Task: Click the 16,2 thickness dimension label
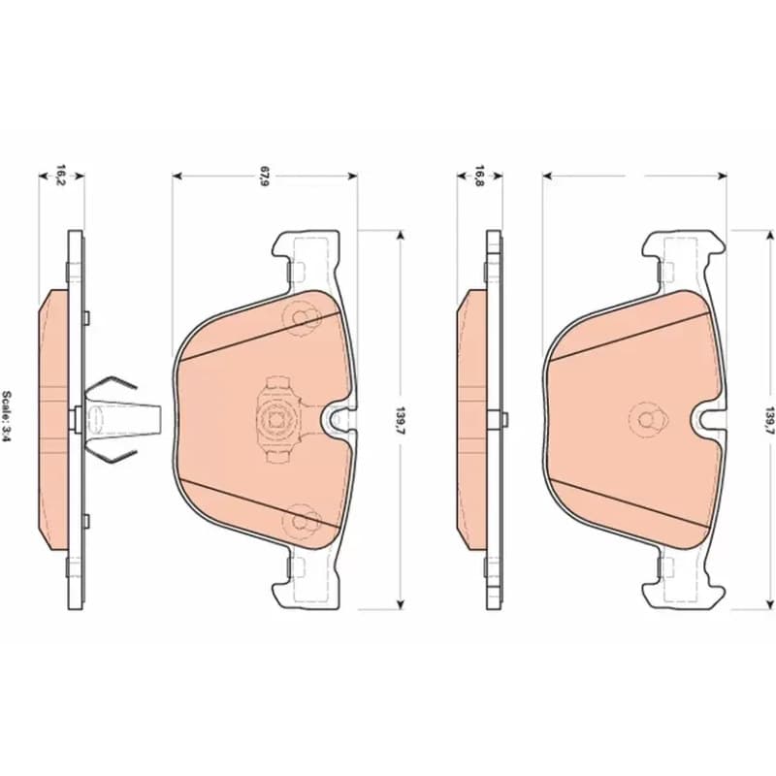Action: pos(60,175)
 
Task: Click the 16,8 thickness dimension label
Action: pos(478,176)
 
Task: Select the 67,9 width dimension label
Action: pos(265,177)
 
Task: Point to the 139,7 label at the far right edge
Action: pos(769,420)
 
